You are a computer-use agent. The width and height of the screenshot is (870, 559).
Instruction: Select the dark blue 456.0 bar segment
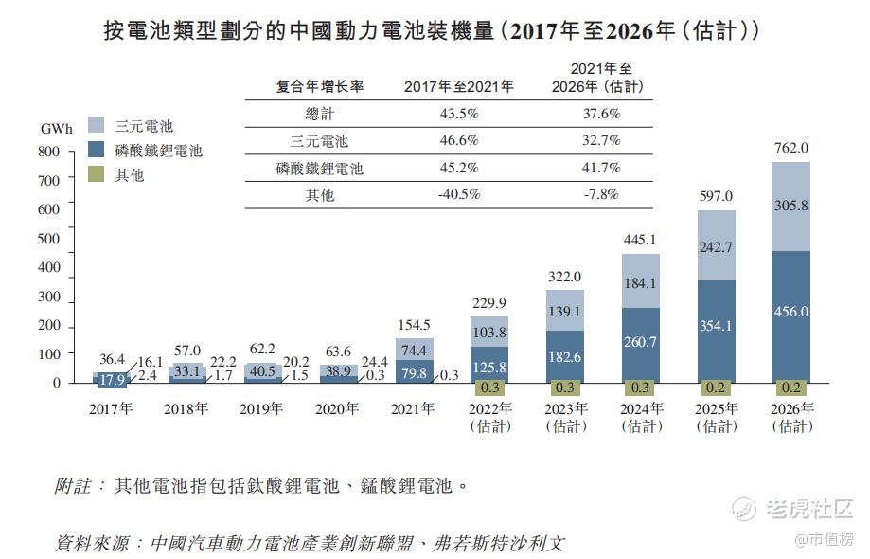coord(790,313)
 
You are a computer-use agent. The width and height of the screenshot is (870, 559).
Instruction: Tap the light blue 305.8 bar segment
coord(790,207)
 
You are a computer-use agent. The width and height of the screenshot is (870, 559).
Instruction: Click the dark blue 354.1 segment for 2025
coord(716,327)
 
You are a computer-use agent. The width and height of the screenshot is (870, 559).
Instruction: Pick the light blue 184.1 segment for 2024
coord(641,282)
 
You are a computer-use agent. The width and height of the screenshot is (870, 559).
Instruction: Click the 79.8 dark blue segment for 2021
coord(414,371)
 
